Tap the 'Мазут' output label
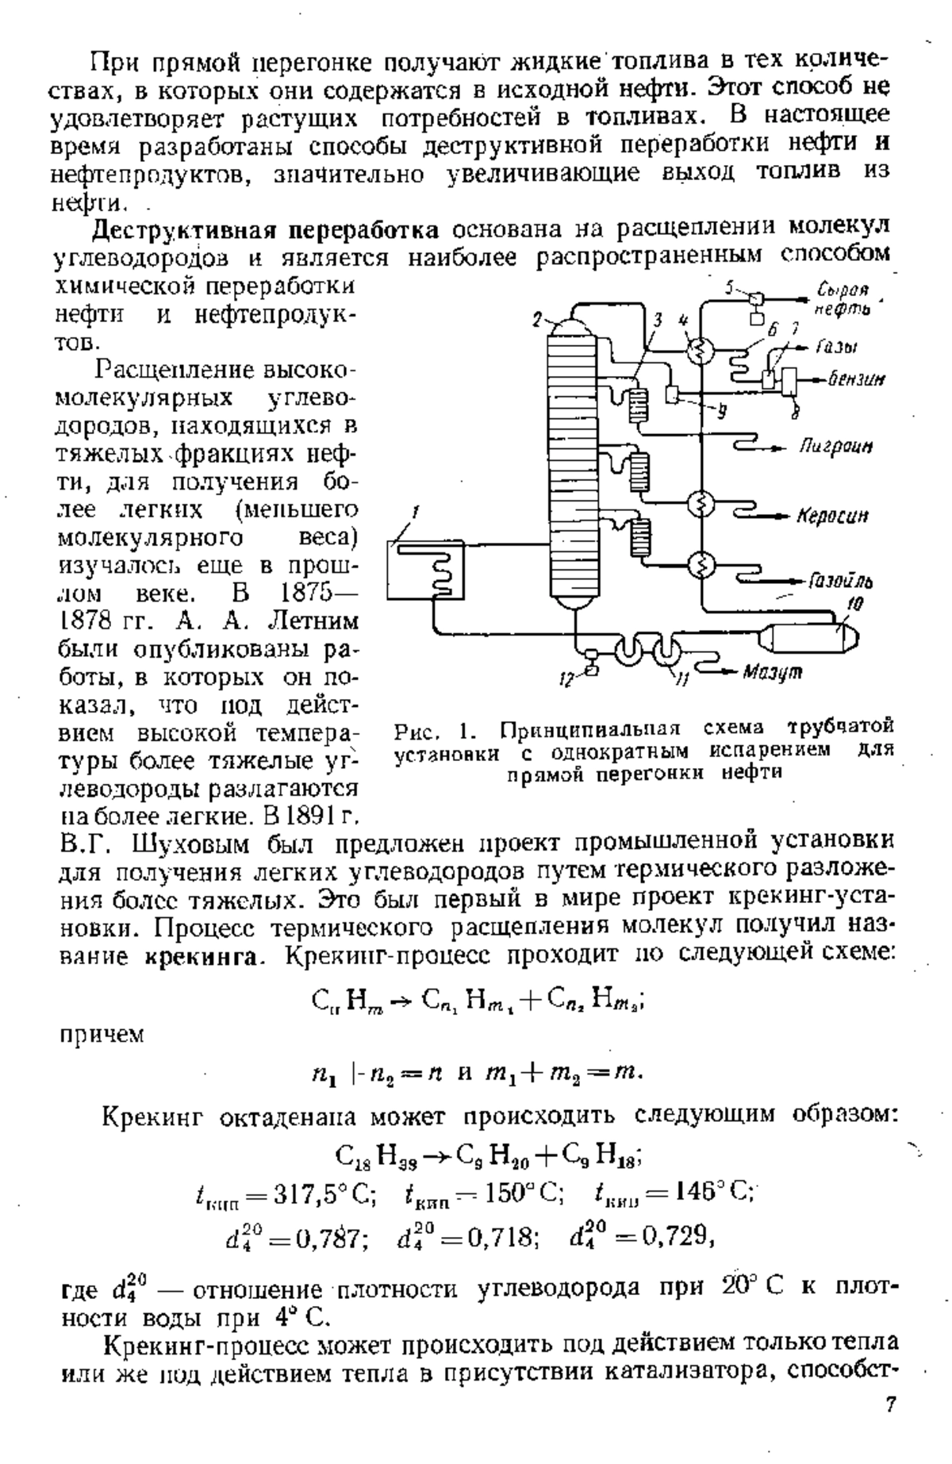click(772, 672)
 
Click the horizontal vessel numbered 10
click(808, 636)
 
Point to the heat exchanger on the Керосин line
click(701, 503)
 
